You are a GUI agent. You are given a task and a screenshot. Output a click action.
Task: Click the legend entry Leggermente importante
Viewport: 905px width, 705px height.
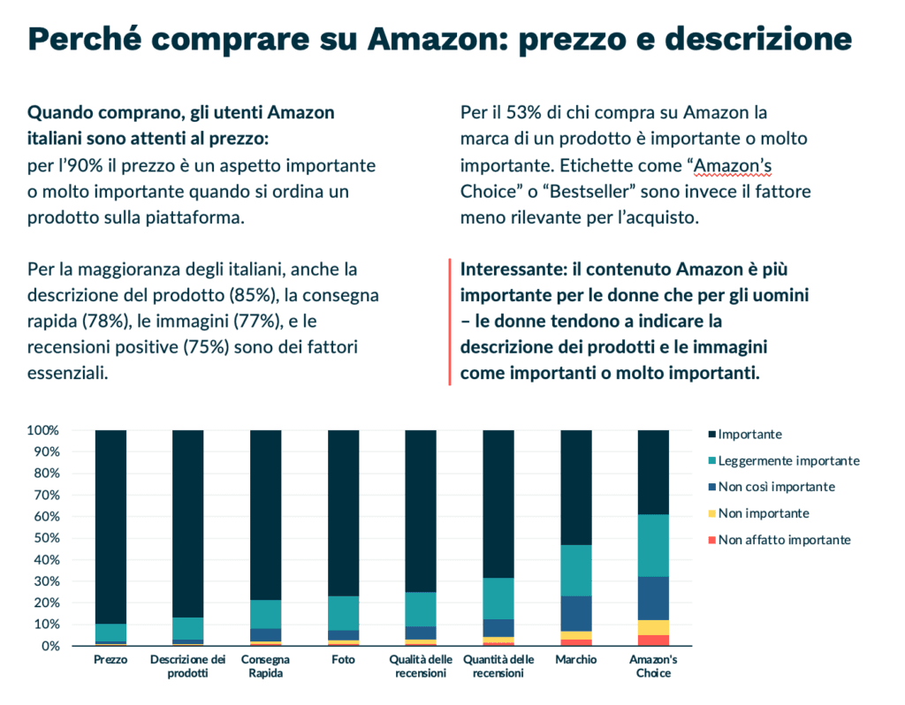tap(788, 460)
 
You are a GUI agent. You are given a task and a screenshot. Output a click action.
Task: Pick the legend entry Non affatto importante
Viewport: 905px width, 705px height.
tap(784, 540)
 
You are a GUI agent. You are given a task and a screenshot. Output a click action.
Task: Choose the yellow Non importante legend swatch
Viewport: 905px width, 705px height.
tap(711, 513)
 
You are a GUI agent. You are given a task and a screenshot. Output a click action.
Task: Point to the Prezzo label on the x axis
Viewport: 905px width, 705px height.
tap(110, 660)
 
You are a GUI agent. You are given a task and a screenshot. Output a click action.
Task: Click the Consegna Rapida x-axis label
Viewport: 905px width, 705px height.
tap(265, 667)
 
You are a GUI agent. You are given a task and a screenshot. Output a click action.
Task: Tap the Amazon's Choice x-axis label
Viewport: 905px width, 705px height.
tap(654, 667)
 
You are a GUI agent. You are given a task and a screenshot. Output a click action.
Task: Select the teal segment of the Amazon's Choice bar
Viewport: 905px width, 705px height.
tap(654, 545)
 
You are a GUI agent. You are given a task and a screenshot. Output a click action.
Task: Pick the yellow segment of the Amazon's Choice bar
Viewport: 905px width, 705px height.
tap(654, 627)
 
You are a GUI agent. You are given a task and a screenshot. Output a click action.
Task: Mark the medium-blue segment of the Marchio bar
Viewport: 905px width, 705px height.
tap(577, 613)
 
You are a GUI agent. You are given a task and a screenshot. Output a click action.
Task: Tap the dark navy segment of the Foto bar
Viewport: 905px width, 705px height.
tap(344, 512)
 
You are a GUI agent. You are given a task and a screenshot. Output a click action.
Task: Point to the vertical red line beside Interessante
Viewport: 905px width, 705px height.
tap(451, 322)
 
